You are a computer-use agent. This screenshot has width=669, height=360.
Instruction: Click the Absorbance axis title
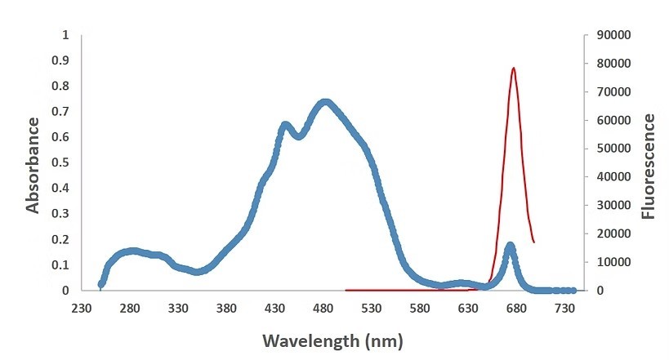33,166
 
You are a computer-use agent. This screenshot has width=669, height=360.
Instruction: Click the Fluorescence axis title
649,167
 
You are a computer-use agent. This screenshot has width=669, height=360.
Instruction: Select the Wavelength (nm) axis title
332,339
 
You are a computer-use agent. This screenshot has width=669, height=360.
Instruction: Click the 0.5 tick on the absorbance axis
59,162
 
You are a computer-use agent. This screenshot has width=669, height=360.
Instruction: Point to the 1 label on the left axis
65,35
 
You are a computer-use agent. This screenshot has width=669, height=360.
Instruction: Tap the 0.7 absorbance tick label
59,112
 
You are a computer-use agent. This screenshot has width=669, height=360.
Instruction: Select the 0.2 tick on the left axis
59,239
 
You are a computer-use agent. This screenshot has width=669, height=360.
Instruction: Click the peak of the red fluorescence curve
513,69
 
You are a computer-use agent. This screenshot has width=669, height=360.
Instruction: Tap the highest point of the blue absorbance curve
325,103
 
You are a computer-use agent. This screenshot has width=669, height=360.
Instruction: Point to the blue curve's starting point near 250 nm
101,284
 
